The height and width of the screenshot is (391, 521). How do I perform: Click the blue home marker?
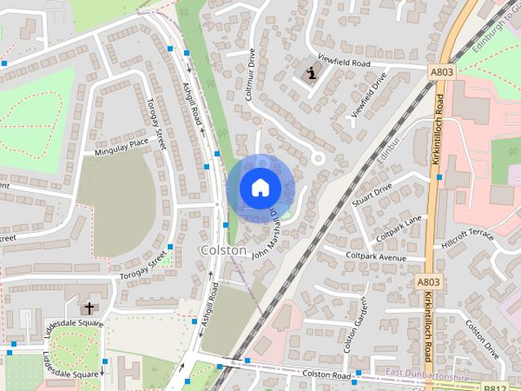(260, 187)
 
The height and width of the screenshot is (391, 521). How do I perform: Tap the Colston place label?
(223, 250)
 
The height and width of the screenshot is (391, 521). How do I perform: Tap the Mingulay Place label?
(121, 146)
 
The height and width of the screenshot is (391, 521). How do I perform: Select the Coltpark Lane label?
(399, 228)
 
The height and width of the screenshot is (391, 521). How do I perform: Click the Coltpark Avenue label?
(375, 257)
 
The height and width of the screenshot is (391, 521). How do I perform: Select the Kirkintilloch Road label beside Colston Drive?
(427, 330)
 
